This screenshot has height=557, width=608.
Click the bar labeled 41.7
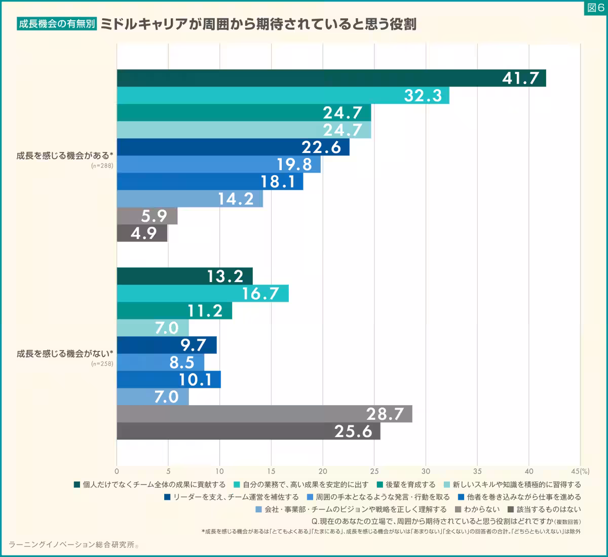pyautogui.click(x=331, y=78)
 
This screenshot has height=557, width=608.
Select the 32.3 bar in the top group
pyautogui.click(x=283, y=95)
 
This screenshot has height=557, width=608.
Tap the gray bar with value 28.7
pyautogui.click(x=264, y=414)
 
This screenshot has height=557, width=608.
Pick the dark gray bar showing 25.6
pyautogui.click(x=248, y=431)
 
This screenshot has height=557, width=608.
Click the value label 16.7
pyautogui.click(x=260, y=294)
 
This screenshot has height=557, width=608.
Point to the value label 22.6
pyautogui.click(x=321, y=147)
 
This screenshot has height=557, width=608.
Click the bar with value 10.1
pyautogui.click(x=169, y=379)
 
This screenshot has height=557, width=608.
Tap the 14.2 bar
pyautogui.click(x=189, y=199)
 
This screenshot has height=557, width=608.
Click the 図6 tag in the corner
pyautogui.click(x=595, y=8)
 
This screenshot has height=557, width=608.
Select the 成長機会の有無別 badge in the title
pyautogui.click(x=57, y=24)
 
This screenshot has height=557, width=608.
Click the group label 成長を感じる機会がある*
pyautogui.click(x=64, y=156)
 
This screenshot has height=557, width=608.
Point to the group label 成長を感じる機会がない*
pyautogui.click(x=64, y=353)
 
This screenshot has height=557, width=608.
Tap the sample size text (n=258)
pyautogui.click(x=102, y=364)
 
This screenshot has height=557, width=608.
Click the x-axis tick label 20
pyautogui.click(x=323, y=471)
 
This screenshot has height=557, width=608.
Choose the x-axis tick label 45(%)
pyautogui.click(x=582, y=471)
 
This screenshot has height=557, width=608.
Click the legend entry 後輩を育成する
pyautogui.click(x=410, y=485)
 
